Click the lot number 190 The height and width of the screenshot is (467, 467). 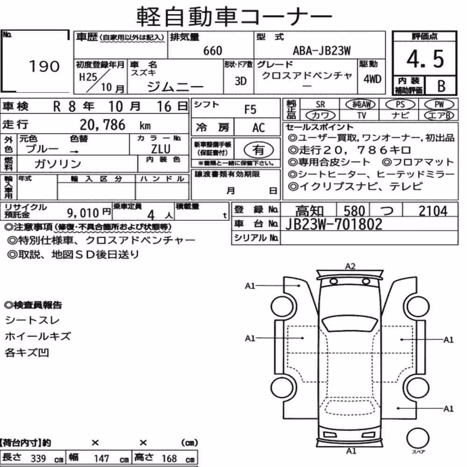click(44, 66)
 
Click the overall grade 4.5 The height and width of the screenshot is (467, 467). click(425, 59)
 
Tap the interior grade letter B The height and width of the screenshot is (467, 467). click(441, 86)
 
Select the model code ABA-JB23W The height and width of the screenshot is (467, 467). click(322, 51)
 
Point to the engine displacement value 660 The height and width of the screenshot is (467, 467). click(212, 51)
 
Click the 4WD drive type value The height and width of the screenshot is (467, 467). click(372, 79)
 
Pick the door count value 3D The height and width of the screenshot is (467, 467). click(241, 81)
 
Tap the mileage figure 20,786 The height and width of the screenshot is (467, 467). click(102, 125)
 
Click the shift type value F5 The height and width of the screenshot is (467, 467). click(250, 110)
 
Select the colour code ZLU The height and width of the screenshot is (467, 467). click(161, 149)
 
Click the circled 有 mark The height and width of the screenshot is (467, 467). click(259, 150)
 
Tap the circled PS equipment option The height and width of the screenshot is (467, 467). click(400, 105)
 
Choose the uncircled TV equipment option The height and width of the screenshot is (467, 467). click(361, 115)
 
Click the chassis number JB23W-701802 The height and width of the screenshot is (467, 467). click(333, 224)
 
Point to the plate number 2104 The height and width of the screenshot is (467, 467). click(433, 211)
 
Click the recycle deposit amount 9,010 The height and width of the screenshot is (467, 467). click(83, 213)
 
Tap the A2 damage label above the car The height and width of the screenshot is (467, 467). click(350, 266)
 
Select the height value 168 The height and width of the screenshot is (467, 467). click(169, 458)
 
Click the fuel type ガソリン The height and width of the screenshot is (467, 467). click(58, 163)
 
